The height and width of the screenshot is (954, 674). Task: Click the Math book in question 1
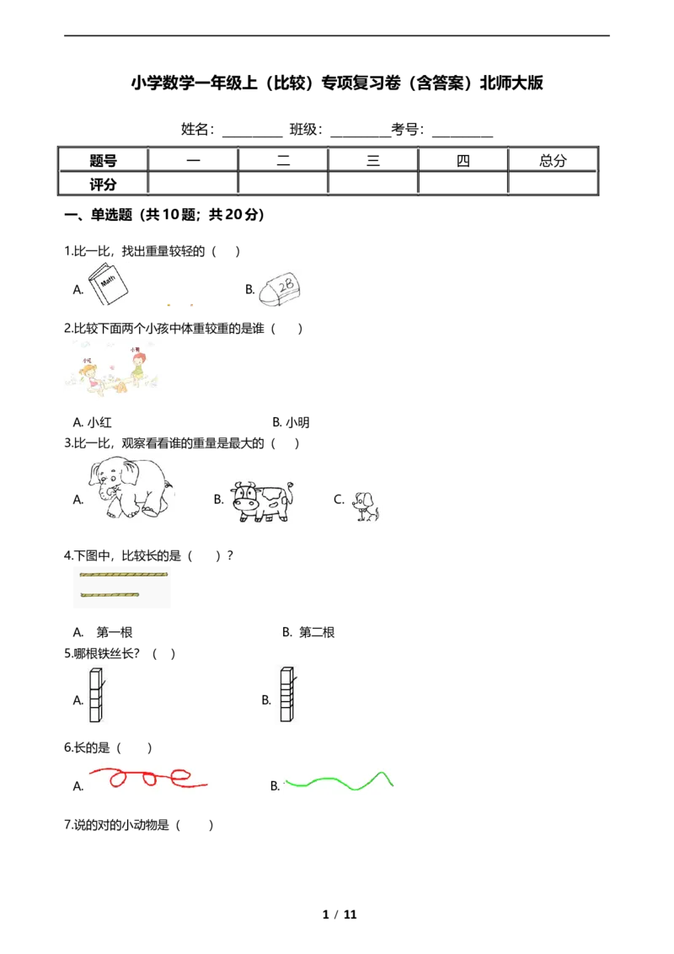(x=108, y=284)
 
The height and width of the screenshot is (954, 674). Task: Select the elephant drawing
(x=131, y=488)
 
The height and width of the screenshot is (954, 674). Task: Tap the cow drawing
(x=261, y=501)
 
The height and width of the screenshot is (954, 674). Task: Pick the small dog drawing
(x=366, y=506)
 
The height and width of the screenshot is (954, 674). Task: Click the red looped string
(x=148, y=778)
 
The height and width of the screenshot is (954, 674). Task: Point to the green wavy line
(x=339, y=781)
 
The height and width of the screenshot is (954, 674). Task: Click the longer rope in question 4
(x=124, y=574)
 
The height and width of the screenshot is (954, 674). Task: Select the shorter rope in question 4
(x=110, y=594)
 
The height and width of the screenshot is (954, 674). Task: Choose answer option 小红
(x=93, y=422)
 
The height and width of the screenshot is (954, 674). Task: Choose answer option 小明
(x=292, y=422)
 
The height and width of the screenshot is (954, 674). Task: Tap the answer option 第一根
(x=103, y=633)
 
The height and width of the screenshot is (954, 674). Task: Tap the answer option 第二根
(x=308, y=633)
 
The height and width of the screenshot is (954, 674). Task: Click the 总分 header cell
(x=553, y=161)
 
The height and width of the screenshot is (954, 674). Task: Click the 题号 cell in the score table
(x=103, y=161)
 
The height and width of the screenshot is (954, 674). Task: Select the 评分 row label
(x=103, y=184)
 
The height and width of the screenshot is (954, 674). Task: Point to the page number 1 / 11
(x=340, y=914)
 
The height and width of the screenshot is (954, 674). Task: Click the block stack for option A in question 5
(x=97, y=694)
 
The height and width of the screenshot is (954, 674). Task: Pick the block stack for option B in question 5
(x=288, y=694)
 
